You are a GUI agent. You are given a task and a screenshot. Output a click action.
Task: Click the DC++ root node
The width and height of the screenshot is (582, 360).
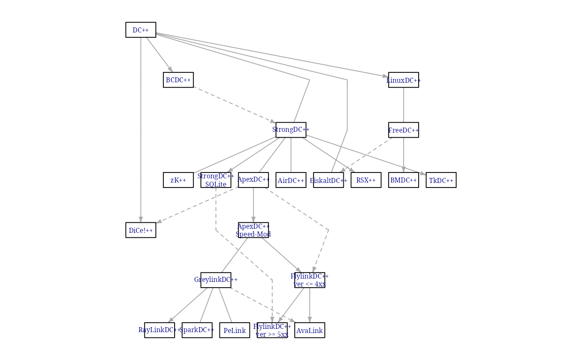(141, 30)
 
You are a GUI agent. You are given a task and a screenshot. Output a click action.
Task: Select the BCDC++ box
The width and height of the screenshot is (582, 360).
(178, 80)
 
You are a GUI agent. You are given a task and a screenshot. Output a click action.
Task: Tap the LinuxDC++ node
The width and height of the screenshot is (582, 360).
(403, 80)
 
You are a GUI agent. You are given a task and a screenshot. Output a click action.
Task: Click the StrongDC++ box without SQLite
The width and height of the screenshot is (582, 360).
(291, 130)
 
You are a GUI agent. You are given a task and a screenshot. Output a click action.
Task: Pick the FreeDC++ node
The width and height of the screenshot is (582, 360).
(403, 130)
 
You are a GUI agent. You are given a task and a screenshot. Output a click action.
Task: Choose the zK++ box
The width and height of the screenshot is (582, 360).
(178, 180)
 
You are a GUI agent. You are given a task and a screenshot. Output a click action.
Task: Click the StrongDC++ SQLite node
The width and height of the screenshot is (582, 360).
(216, 180)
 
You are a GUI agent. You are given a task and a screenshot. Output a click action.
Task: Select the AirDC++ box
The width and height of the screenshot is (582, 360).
(291, 180)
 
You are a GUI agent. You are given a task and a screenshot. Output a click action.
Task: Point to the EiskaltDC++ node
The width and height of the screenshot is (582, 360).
(328, 180)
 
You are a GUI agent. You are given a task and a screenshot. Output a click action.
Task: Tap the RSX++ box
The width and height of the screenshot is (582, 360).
(366, 180)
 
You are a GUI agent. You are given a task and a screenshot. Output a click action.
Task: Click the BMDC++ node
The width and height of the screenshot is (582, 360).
(403, 180)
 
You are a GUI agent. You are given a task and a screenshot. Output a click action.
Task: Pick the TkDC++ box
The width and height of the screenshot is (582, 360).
(441, 180)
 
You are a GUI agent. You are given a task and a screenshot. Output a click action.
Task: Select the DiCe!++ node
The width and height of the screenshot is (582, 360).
(141, 230)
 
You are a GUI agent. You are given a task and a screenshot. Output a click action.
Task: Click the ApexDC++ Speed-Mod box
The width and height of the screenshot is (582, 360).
(253, 230)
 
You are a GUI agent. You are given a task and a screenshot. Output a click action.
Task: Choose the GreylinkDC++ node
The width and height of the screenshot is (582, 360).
(216, 280)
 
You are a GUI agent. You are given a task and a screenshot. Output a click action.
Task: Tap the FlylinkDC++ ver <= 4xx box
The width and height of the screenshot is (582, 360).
(309, 280)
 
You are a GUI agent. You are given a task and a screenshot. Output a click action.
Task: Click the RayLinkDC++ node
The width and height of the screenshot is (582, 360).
(159, 330)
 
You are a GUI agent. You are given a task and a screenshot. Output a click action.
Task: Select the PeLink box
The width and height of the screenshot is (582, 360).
(234, 330)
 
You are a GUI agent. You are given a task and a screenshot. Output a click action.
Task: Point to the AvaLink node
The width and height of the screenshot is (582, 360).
(309, 330)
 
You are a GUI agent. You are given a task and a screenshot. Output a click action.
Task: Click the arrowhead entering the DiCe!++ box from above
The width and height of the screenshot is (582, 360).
(141, 219)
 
